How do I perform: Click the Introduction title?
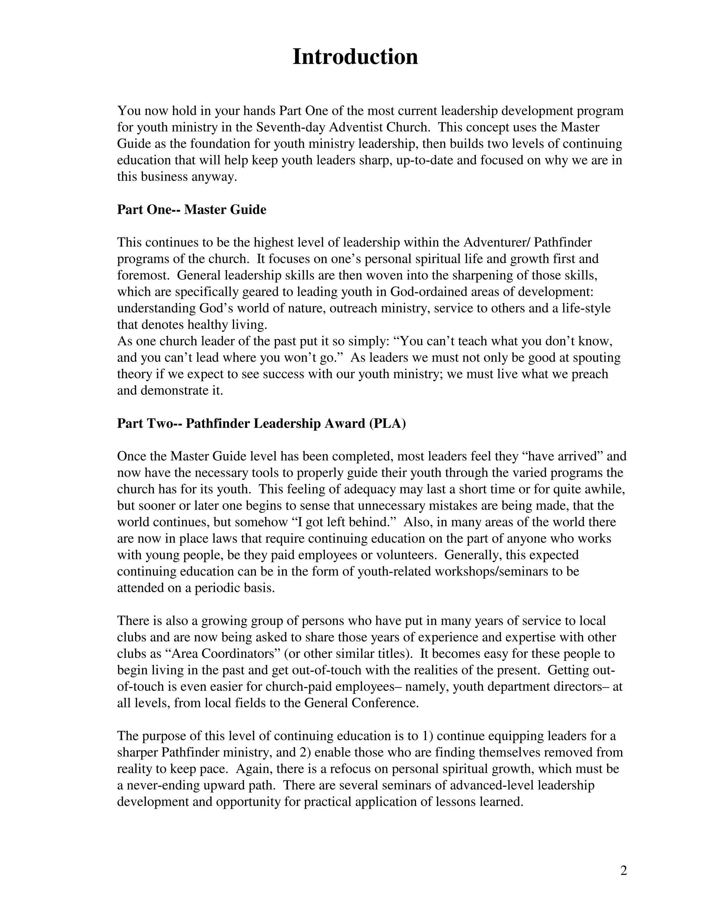(x=355, y=57)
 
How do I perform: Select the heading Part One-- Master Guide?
(x=192, y=209)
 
